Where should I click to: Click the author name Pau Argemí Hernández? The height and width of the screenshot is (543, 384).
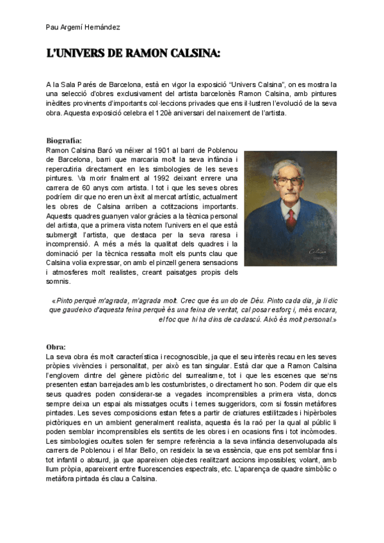[x=83, y=27]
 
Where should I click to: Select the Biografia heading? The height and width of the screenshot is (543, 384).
[x=64, y=140]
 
